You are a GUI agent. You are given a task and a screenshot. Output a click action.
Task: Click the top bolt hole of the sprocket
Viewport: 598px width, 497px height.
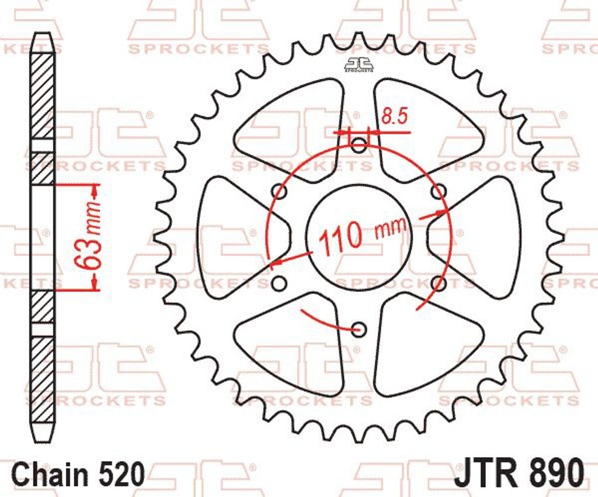(x=358, y=144)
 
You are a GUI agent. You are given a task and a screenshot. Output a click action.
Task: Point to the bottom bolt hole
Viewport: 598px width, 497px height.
(x=358, y=328)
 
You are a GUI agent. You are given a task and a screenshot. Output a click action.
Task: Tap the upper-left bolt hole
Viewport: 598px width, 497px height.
(x=280, y=191)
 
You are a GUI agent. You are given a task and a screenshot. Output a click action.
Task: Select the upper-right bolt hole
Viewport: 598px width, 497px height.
(x=439, y=191)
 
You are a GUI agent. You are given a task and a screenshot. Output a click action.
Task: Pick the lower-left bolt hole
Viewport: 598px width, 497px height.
(x=280, y=283)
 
